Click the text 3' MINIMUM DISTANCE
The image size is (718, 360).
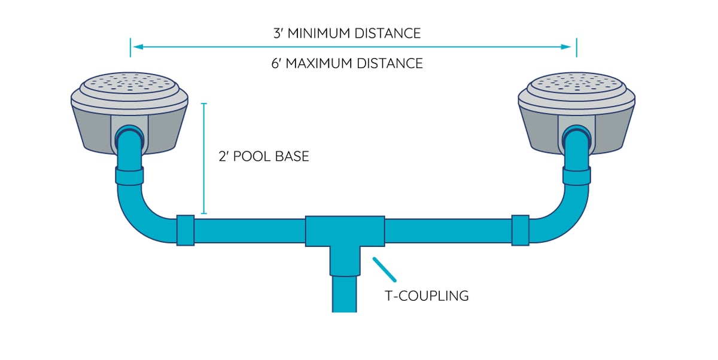346,33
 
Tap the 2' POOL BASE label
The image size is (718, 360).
264,157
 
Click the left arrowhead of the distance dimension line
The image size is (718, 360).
136,47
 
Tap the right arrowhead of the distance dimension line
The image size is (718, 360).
571,47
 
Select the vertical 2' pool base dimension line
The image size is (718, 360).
204,158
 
